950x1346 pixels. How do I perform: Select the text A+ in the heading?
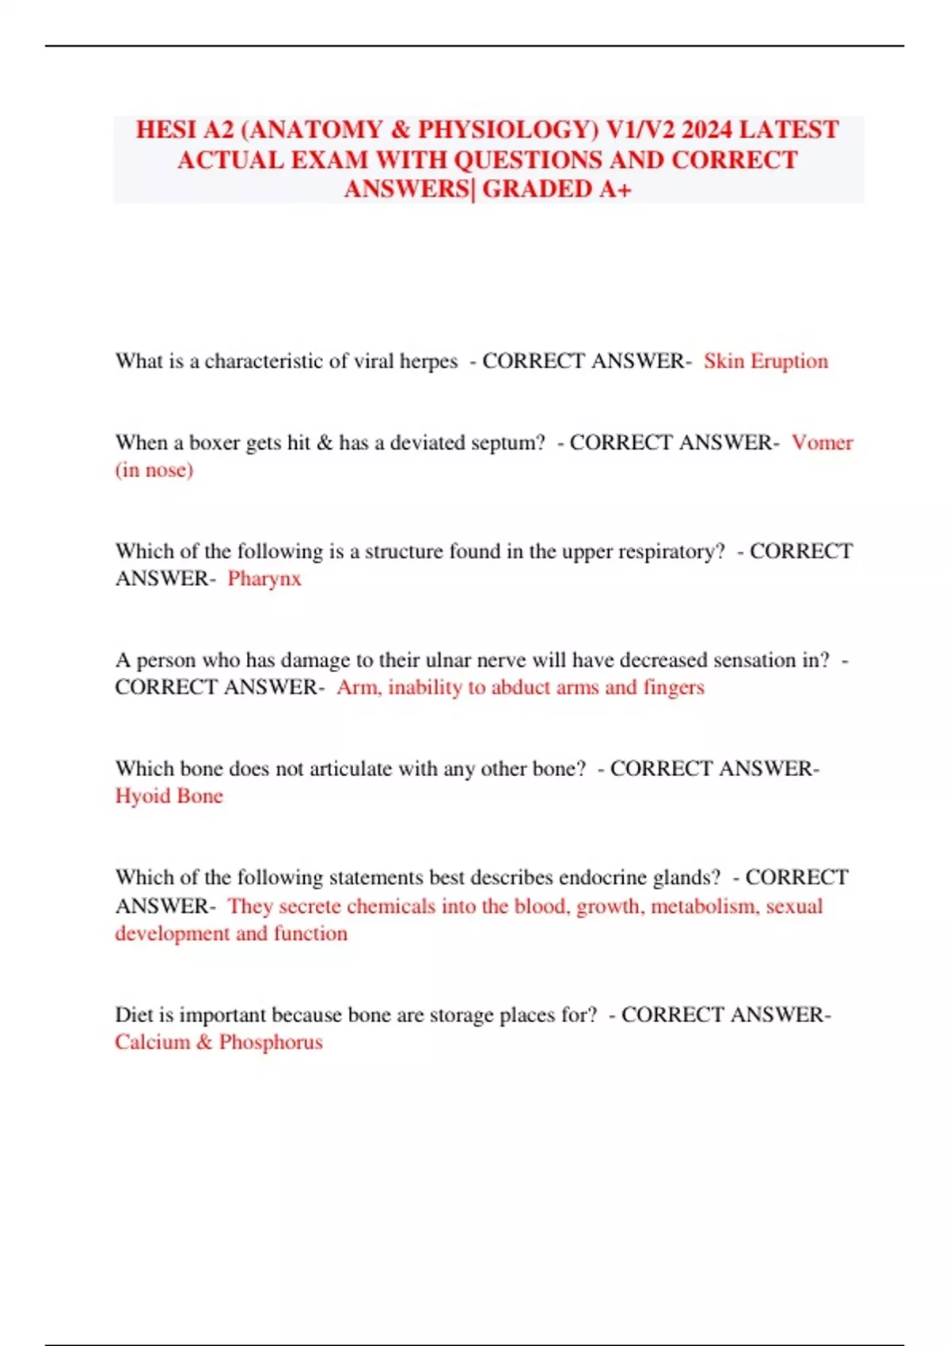coord(614,189)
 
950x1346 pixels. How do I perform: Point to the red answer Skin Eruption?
coord(766,361)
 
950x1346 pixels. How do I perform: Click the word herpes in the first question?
coord(428,362)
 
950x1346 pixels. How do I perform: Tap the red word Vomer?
coord(822,443)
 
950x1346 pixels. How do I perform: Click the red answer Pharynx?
coord(264,579)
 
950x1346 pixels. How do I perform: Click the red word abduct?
coord(520,687)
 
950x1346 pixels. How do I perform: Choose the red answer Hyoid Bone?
coord(169,796)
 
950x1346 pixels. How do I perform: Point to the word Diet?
coord(133,1014)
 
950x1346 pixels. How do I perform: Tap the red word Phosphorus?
coord(271,1042)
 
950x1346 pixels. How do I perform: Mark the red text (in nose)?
coord(154,470)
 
